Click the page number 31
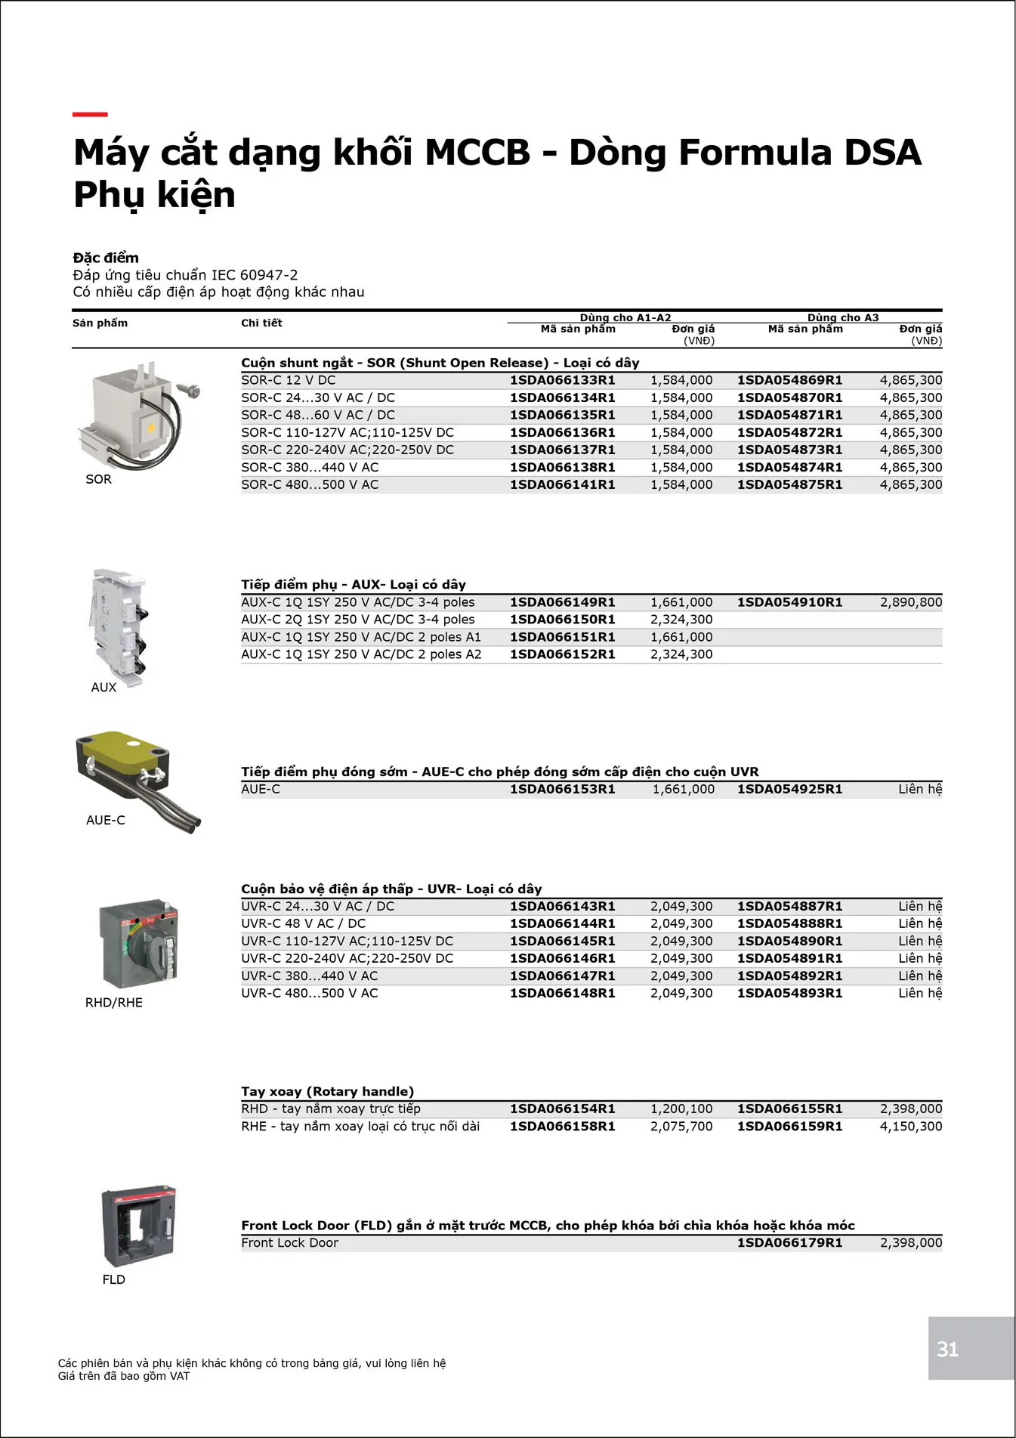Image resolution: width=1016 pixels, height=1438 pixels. coord(947,1349)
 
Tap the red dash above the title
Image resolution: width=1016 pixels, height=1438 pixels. coord(90,115)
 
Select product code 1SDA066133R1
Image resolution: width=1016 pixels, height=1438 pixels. coord(562,380)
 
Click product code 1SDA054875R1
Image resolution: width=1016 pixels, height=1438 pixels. coord(789,484)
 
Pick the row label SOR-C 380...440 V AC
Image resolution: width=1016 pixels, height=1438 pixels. coord(310,467)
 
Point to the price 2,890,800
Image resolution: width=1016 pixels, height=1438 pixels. coord(910,602)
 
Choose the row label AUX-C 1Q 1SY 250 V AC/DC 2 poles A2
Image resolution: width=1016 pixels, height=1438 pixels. coord(361,654)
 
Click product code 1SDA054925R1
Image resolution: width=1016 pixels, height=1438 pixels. coord(789,789)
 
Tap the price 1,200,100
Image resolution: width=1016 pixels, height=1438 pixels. coord(681,1109)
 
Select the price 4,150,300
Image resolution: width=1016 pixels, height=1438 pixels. coord(910,1126)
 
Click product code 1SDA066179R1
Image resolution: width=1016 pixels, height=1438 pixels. coord(789,1242)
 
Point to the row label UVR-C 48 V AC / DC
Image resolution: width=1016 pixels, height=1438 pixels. coord(303,923)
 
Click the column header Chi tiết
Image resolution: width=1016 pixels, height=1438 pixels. coord(261,323)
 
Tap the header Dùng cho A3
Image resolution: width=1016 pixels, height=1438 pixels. coord(842,317)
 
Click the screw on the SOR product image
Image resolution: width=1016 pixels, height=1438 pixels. coord(190,390)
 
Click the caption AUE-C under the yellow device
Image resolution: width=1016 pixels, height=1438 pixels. coord(106,820)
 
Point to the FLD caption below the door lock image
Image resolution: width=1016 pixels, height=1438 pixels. coord(114,1279)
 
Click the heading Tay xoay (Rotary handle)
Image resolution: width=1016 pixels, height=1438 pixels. coord(327,1091)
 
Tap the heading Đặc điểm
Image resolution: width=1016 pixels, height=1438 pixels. coord(106,258)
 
